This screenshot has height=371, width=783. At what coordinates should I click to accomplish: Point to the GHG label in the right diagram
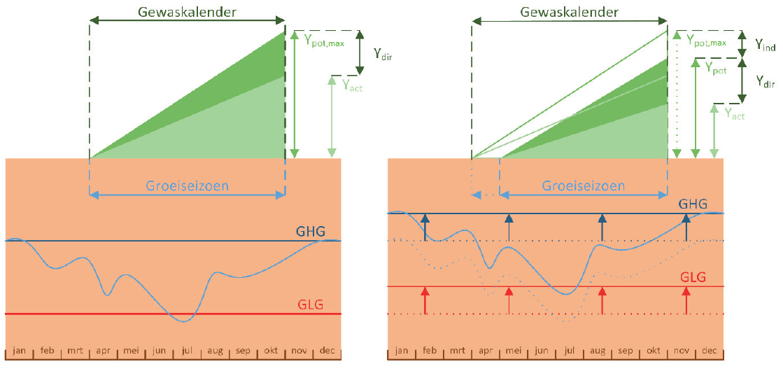click(693, 204)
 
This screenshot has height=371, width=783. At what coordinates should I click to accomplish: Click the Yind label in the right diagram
click(765, 44)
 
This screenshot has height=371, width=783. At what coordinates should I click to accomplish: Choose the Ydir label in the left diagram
click(383, 54)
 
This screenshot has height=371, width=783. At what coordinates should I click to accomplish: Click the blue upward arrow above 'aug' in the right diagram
click(602, 227)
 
